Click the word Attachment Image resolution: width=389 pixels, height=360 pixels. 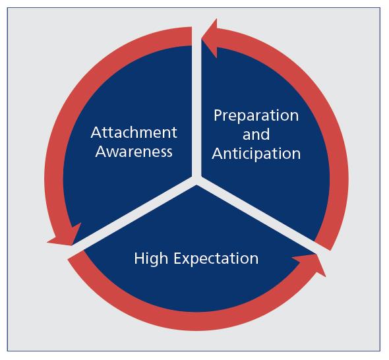(134, 133)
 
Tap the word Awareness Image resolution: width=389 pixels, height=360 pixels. (134, 152)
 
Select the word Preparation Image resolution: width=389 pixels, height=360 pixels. (256, 116)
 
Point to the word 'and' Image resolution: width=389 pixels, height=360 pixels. (256, 135)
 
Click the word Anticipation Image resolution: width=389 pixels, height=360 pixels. (256, 154)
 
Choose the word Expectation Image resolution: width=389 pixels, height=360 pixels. (216, 258)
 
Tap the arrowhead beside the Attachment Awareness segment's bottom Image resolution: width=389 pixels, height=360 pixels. (66, 235)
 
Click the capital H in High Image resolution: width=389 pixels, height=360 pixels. (139, 258)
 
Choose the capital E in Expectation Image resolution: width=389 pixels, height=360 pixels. (177, 258)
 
